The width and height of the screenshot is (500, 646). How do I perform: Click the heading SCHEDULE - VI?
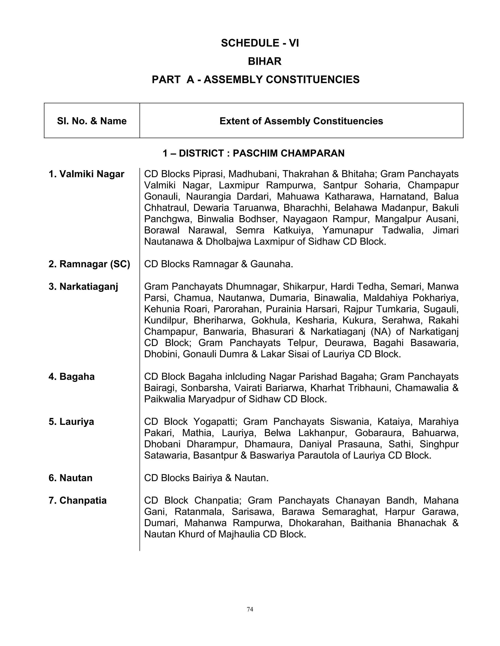click(x=260, y=43)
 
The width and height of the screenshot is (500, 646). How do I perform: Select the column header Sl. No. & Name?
click(x=92, y=121)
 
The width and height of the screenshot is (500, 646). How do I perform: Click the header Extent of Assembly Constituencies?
click(x=301, y=121)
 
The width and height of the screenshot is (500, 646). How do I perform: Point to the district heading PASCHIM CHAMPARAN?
click(x=254, y=153)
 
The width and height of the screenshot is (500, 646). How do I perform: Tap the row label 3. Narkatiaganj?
click(x=83, y=287)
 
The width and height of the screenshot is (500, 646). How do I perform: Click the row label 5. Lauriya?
click(x=71, y=422)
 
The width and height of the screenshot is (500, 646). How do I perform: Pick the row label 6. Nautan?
click(x=70, y=478)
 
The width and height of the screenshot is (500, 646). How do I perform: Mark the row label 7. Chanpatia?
click(x=77, y=500)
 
